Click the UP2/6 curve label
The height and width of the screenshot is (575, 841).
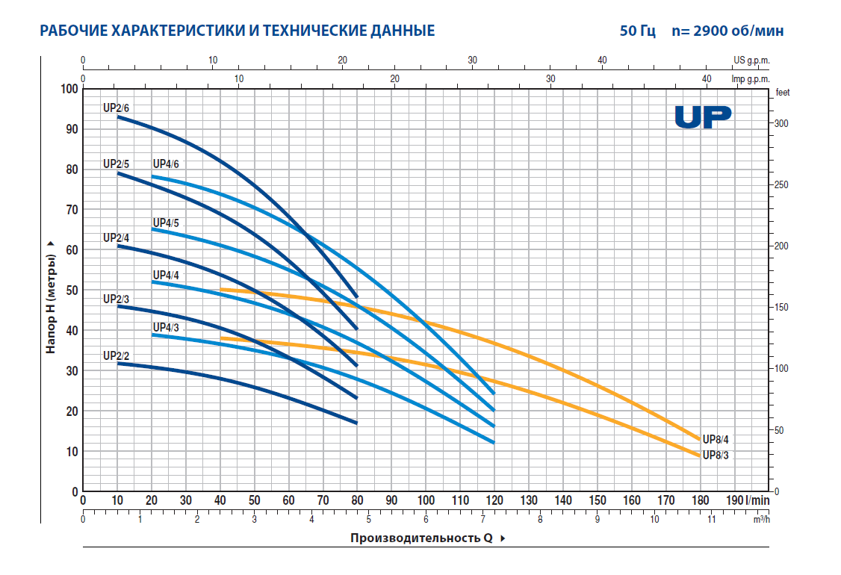pyautogui.click(x=116, y=108)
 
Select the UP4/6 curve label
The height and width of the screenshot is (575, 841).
pyautogui.click(x=166, y=164)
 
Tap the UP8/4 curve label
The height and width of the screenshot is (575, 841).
pyautogui.click(x=716, y=440)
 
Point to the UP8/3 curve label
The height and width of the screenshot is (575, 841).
pyautogui.click(x=716, y=454)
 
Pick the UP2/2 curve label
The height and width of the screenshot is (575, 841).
pyautogui.click(x=116, y=355)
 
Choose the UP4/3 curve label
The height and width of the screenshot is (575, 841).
pyautogui.click(x=166, y=327)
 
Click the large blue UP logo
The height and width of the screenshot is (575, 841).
pyautogui.click(x=703, y=117)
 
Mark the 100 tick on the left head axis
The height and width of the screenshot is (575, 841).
pyautogui.click(x=69, y=89)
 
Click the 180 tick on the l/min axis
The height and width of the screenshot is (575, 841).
pyautogui.click(x=701, y=500)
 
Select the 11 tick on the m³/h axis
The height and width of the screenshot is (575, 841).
pyautogui.click(x=711, y=519)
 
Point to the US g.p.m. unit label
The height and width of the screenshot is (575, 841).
pyautogui.click(x=751, y=60)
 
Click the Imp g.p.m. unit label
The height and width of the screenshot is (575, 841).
pyautogui.click(x=749, y=78)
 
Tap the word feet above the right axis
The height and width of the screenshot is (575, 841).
pyautogui.click(x=782, y=93)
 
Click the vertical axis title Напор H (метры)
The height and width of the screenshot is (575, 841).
pyautogui.click(x=51, y=297)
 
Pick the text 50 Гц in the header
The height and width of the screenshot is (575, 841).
pyautogui.click(x=637, y=31)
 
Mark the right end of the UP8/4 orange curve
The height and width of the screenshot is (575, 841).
pyautogui.click(x=701, y=439)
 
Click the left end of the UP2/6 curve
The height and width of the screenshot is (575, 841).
pyautogui.click(x=117, y=116)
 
